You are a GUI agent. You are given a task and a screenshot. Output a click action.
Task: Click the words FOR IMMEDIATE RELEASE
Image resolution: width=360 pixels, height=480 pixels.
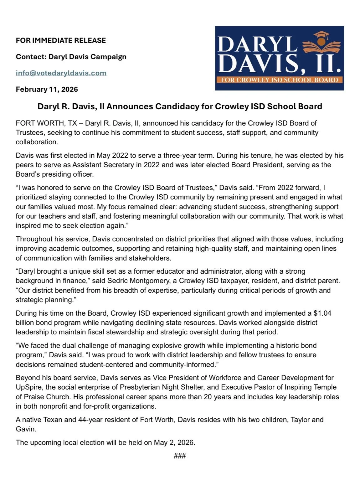(61, 40)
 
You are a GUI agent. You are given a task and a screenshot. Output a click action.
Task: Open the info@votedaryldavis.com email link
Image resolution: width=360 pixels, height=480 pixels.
(61, 73)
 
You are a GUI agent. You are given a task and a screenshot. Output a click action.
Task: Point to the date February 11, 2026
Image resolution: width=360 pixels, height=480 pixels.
(47, 89)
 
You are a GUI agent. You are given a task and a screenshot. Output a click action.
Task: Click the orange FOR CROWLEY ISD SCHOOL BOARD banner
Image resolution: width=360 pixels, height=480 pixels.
(279, 80)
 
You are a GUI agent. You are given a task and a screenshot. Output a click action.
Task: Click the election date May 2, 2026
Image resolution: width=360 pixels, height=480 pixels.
(174, 442)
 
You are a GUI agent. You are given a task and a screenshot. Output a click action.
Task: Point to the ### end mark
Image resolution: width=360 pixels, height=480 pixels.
(180, 456)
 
